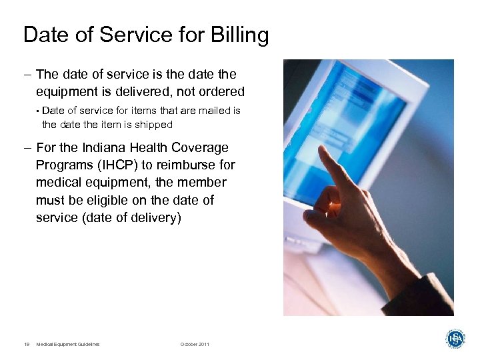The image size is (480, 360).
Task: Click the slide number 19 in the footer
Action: click(27, 344)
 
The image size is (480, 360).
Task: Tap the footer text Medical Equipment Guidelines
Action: click(68, 344)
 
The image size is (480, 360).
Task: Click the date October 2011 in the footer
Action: click(195, 344)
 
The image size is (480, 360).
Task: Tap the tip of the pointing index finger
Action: click(322, 149)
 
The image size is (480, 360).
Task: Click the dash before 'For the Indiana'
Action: click(28, 148)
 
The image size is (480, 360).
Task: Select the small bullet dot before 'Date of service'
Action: click(38, 111)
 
